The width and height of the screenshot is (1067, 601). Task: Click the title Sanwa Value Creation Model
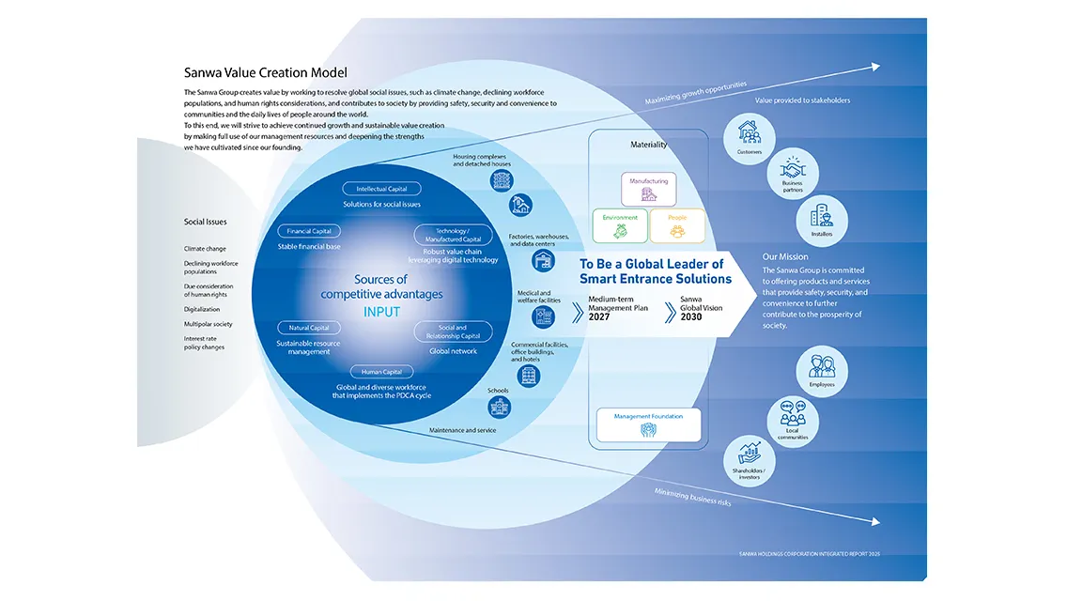[x=265, y=72]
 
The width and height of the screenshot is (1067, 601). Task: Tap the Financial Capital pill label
[x=308, y=231]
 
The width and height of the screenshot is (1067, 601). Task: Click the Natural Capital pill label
[x=308, y=328]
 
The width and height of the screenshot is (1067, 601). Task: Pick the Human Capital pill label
[x=381, y=372]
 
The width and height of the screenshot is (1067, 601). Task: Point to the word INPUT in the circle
[x=381, y=312]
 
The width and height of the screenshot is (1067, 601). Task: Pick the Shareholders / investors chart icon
[x=749, y=459]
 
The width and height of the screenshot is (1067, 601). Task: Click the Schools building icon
[x=499, y=407]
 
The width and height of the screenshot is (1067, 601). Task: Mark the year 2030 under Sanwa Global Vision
[x=689, y=316]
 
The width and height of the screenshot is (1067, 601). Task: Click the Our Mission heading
[x=785, y=256]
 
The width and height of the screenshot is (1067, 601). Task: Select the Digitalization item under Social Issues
[x=202, y=309]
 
